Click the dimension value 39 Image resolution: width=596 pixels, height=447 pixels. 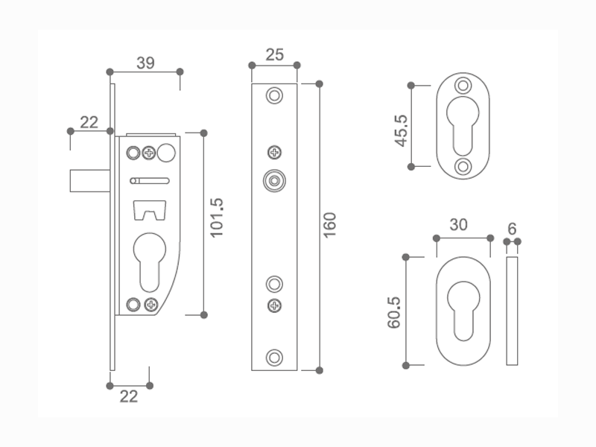pos(145,63)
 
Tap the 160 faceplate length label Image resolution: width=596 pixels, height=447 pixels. pos(331,225)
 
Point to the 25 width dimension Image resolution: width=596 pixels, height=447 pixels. pos(274,54)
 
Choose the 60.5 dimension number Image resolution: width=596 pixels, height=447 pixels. pos(394,311)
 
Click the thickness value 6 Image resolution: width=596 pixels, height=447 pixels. pos(512,228)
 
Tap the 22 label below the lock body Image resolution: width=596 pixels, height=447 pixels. pos(129,396)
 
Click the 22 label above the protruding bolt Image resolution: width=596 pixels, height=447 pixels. pos(89,122)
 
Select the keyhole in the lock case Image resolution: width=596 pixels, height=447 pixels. pos(150,261)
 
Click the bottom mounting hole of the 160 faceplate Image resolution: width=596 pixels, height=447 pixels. pos(275,357)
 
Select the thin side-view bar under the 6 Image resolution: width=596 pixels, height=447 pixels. pos(512,311)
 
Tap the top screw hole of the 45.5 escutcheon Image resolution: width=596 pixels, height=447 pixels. pos(464,86)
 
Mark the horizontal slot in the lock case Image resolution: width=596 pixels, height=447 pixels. pos(150,180)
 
